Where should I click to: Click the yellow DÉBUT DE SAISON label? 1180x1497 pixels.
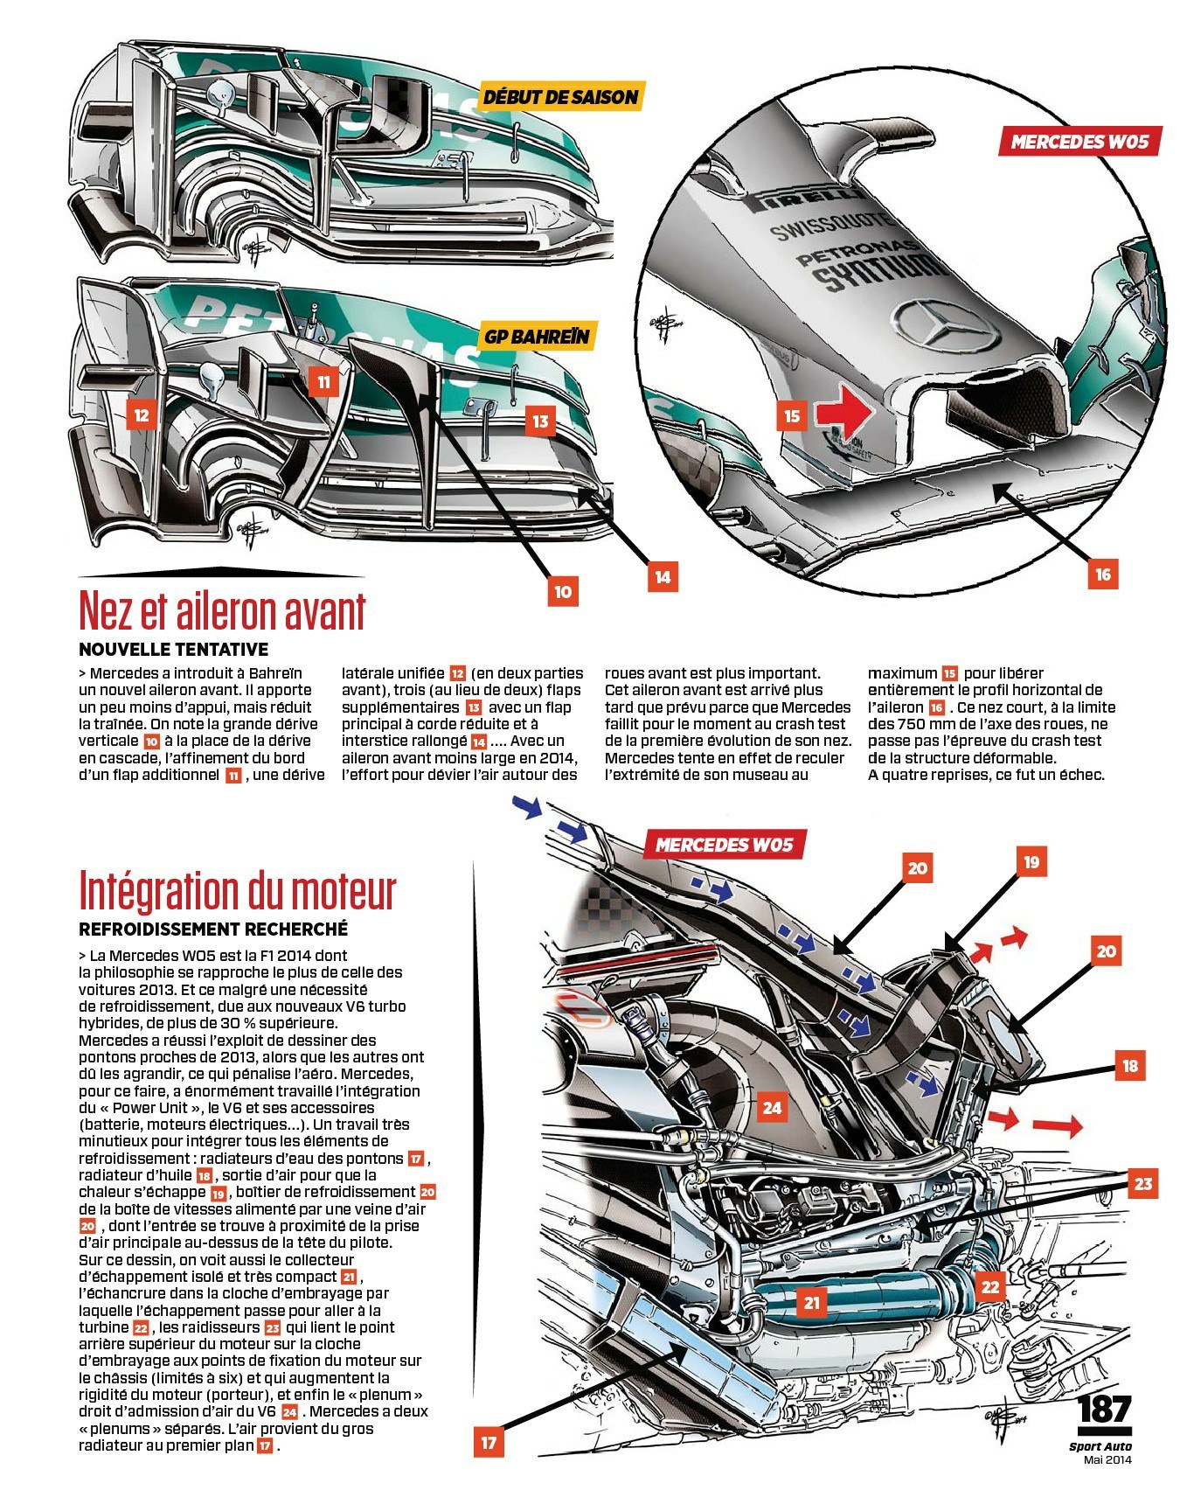(x=560, y=96)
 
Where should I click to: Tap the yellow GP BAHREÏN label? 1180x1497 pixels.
(x=538, y=336)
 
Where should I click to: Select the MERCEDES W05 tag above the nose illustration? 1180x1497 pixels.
(x=1079, y=142)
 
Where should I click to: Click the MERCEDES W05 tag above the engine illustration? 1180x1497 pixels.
(x=724, y=845)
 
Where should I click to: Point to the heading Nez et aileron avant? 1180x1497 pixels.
(x=222, y=609)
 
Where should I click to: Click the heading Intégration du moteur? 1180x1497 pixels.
(x=237, y=890)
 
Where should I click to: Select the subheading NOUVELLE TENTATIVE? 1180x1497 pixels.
(x=173, y=650)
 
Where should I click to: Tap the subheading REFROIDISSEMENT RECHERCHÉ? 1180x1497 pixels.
(x=213, y=929)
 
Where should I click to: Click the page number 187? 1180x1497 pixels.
(x=1105, y=1410)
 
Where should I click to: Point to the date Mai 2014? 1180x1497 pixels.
(x=1107, y=1459)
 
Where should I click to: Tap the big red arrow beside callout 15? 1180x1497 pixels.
(x=843, y=412)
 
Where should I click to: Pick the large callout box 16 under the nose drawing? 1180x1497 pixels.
(x=1103, y=574)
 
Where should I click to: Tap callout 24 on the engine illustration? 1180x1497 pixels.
(x=772, y=1108)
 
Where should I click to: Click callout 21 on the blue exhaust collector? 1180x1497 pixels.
(x=813, y=1303)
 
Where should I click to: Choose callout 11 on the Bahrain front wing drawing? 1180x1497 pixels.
(x=323, y=382)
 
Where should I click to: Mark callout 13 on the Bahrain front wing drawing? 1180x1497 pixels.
(x=541, y=421)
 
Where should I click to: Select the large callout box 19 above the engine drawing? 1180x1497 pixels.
(x=1031, y=862)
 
